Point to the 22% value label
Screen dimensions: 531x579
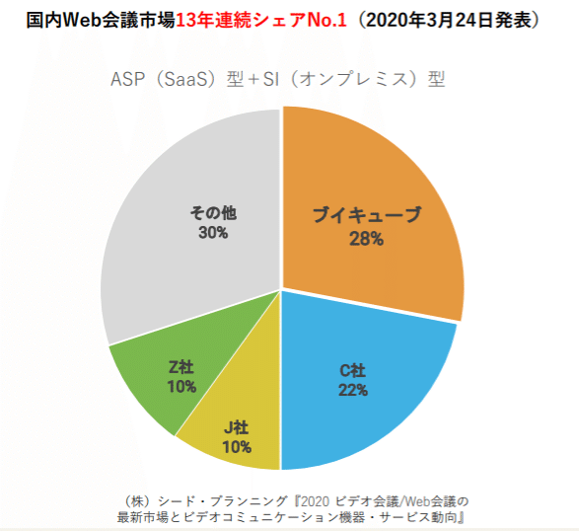(x=352, y=390)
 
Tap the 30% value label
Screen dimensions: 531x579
(x=212, y=233)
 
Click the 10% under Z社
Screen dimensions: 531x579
(x=181, y=386)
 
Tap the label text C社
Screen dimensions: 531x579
(x=352, y=370)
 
